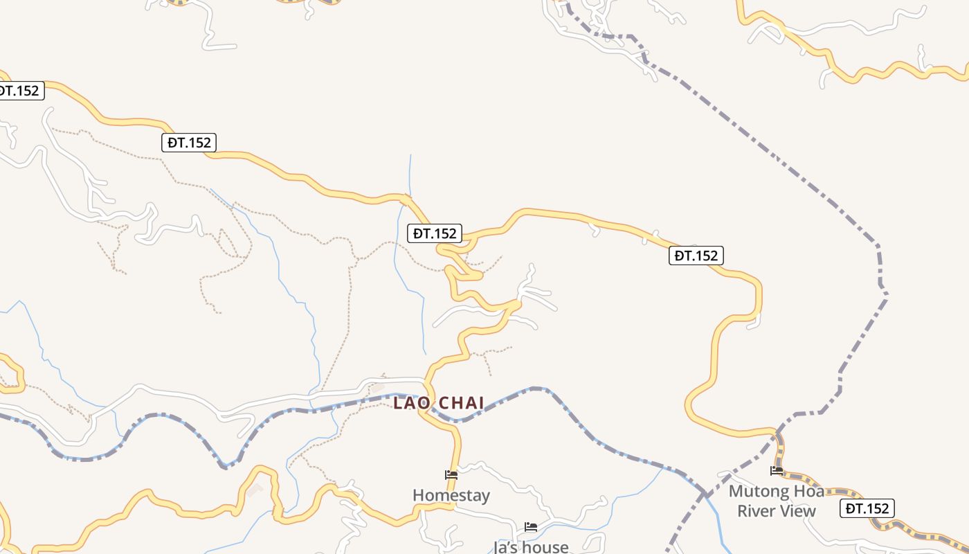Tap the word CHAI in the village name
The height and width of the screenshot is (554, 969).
462,403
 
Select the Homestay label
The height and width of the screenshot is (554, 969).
451,495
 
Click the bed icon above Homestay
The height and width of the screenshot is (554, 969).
451,475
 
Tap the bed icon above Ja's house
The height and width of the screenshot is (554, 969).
531,527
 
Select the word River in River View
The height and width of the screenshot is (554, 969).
757,511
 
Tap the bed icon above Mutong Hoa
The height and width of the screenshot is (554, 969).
777,471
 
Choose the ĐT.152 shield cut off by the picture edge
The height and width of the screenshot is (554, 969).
19,90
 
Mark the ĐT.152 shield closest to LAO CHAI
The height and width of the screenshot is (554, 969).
435,233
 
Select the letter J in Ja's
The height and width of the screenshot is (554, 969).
496,547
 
